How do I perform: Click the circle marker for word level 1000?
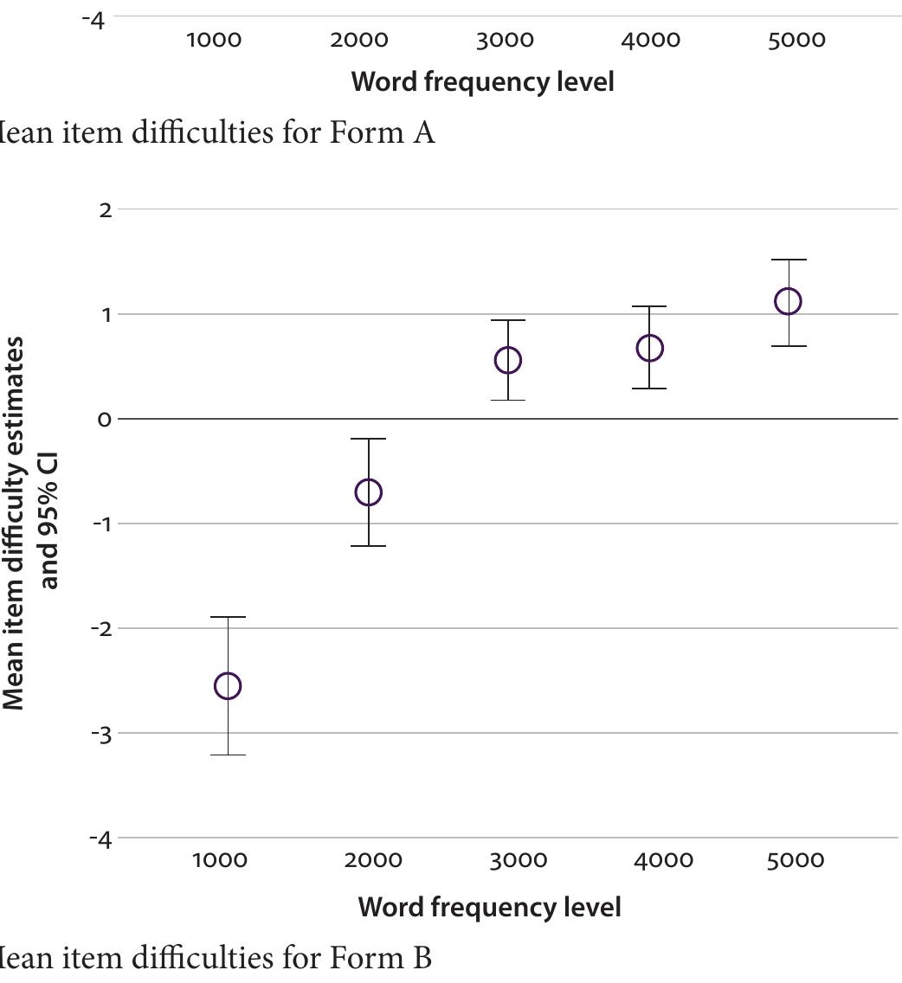[x=228, y=686]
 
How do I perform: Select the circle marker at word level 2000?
[x=369, y=492]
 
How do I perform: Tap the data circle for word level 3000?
[x=508, y=360]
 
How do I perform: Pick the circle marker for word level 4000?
[x=649, y=349]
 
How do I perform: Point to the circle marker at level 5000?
[x=789, y=301]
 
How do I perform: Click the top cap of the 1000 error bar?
[x=228, y=617]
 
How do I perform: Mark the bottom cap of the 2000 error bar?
[x=369, y=546]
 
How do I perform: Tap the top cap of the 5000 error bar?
[x=789, y=260]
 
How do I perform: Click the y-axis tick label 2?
[x=106, y=210]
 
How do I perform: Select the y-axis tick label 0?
[x=105, y=420]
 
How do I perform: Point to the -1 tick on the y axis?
[x=101, y=524]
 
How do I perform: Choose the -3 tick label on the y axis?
[x=101, y=734]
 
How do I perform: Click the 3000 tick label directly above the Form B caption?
[x=517, y=861]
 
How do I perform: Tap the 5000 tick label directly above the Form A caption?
[x=796, y=41]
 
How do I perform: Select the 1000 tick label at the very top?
[x=214, y=41]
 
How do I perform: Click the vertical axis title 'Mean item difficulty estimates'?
[x=14, y=523]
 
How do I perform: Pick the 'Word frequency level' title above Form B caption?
[x=489, y=907]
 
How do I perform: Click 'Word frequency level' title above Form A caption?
[x=482, y=82]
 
